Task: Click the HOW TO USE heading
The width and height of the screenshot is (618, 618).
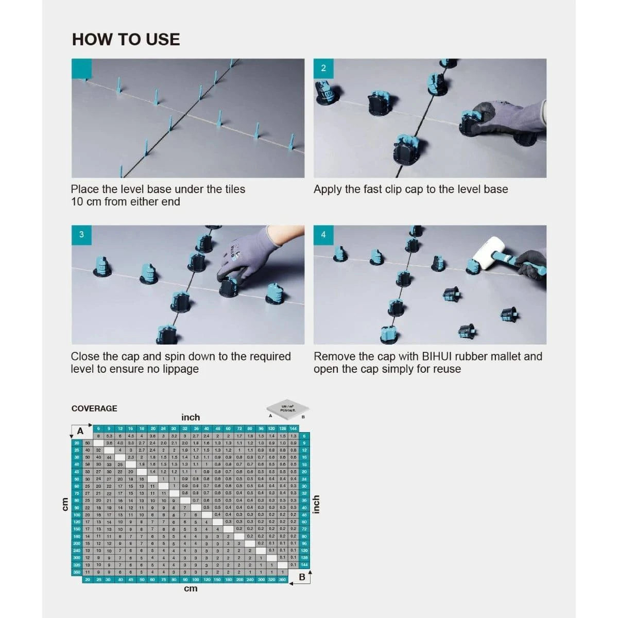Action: pyautogui.click(x=126, y=40)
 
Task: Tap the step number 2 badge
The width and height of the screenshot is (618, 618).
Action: pyautogui.click(x=323, y=68)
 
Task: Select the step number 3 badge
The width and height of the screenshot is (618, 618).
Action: pyautogui.click(x=81, y=234)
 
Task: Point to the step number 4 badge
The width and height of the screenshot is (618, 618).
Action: pyautogui.click(x=323, y=234)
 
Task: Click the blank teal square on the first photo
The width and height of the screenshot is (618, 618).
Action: pyautogui.click(x=81, y=68)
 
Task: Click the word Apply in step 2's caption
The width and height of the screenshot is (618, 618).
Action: pyautogui.click(x=328, y=190)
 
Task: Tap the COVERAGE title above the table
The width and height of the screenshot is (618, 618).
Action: pyautogui.click(x=94, y=408)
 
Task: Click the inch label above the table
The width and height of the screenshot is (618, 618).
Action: pyautogui.click(x=191, y=417)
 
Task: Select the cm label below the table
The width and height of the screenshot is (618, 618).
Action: pyautogui.click(x=191, y=589)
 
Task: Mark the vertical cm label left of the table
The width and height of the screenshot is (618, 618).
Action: pyautogui.click(x=64, y=504)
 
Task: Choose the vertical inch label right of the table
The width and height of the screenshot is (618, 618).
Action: pyautogui.click(x=316, y=504)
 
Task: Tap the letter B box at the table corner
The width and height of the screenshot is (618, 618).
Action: pyautogui.click(x=302, y=577)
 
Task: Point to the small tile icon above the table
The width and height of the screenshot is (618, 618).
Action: pyautogui.click(x=287, y=409)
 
